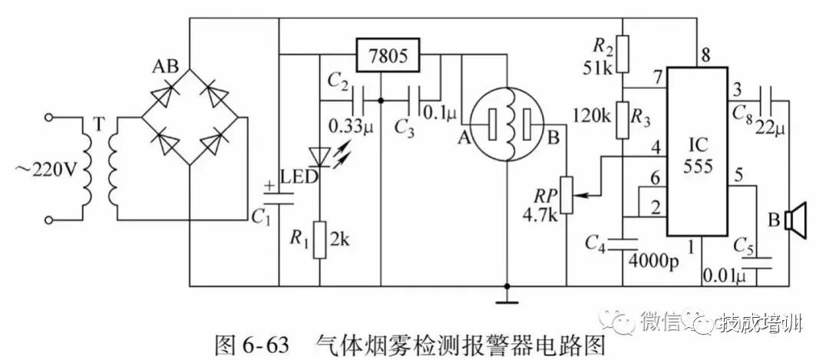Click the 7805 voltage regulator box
tap(388, 57)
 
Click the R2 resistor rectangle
tap(623, 51)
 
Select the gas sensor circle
tap(506, 124)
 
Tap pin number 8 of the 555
tap(704, 54)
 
